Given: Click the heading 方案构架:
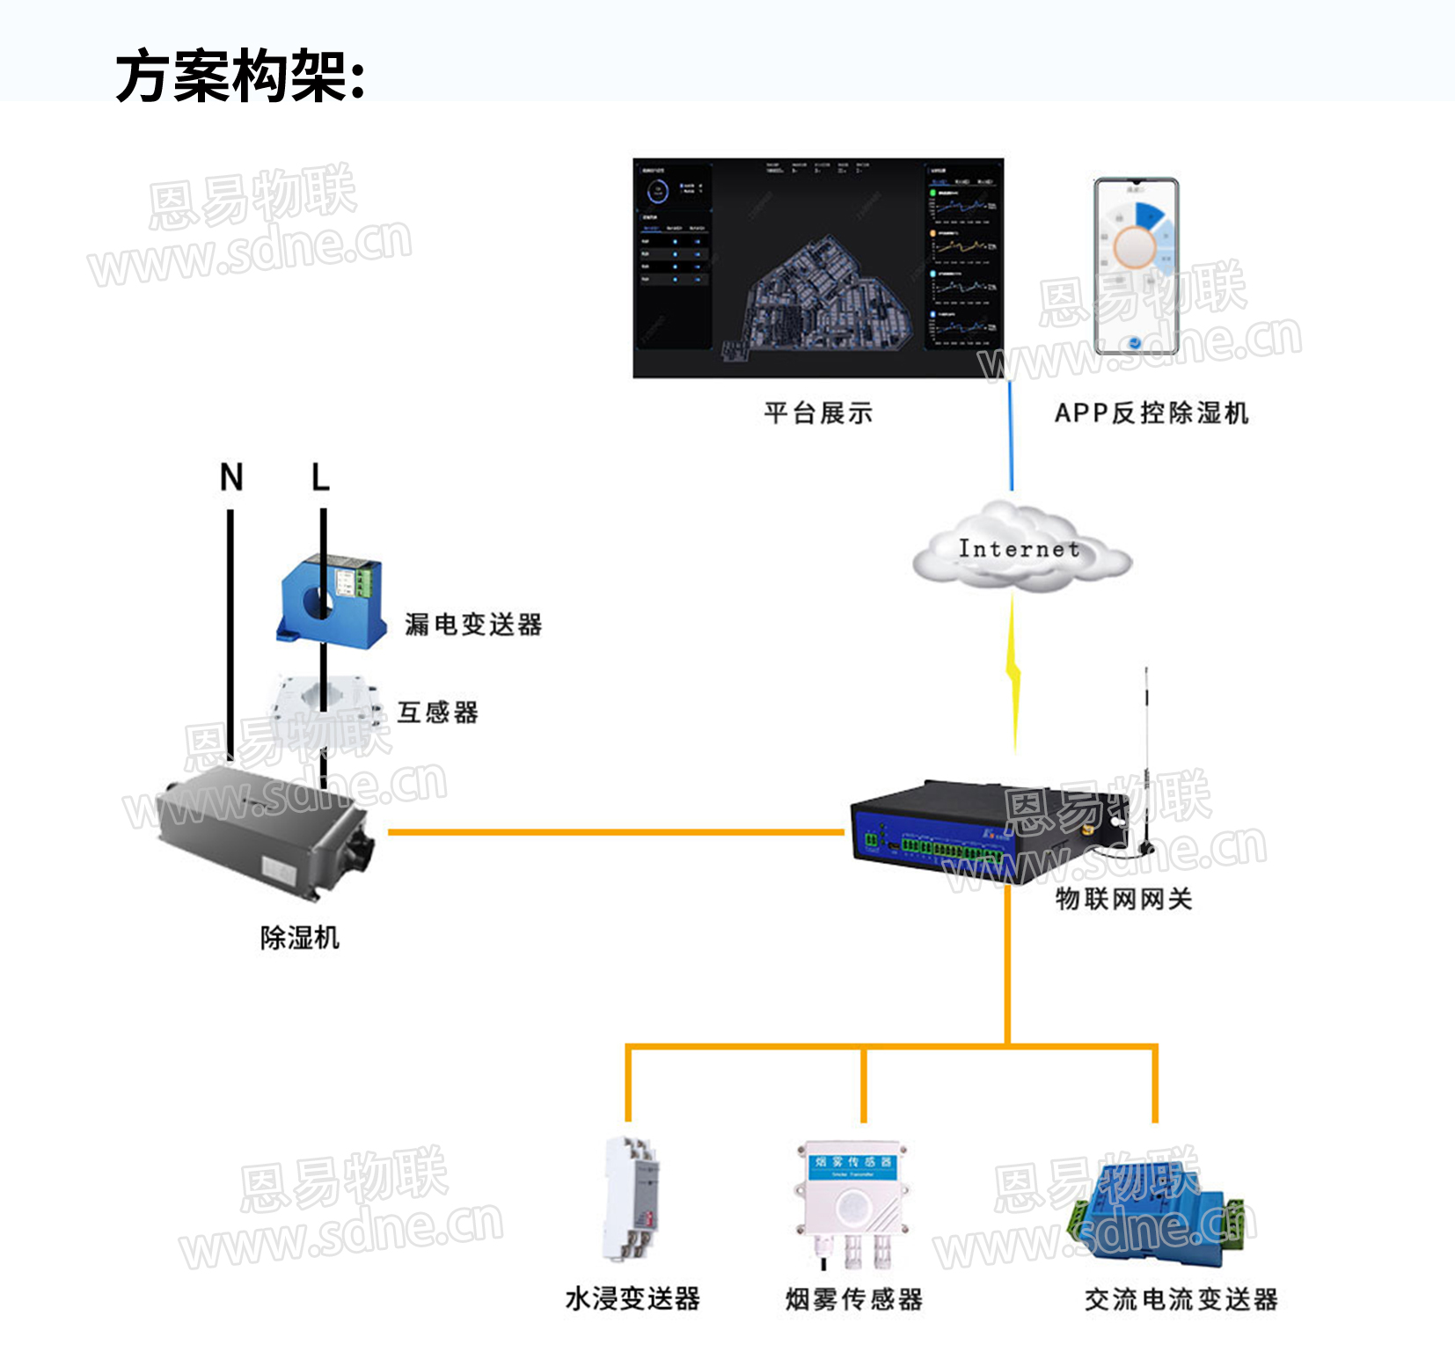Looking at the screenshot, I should pos(239,76).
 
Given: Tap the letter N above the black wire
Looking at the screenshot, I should pos(231,477).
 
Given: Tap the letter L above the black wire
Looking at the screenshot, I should pos(320,477).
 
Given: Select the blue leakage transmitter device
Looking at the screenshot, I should pos(333,600).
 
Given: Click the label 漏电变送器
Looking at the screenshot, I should pos(473,625).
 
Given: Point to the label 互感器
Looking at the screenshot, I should pos(437,712).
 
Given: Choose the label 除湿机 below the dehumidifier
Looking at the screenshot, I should pos(299,938).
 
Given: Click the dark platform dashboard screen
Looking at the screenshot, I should pos(818,268).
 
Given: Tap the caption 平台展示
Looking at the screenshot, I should pos(818,413).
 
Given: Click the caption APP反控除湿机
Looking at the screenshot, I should pos(1152,413).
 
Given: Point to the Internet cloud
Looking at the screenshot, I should pos(1020,551).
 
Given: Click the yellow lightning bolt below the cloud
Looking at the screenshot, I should pos(1013,673).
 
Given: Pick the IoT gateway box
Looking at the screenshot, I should pos(976,831).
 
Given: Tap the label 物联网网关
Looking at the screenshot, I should pos(1123,899).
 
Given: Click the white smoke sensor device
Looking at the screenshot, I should pos(852,1201).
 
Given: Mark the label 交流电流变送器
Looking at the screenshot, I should pos(1181,1299).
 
